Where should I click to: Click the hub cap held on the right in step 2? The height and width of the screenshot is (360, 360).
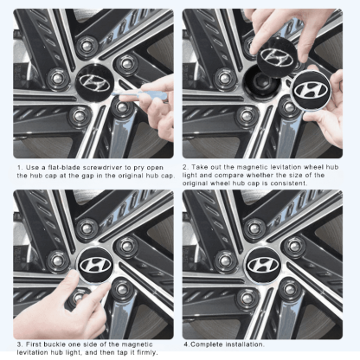(x=310, y=93)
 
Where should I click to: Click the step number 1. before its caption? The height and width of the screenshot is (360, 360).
(x=20, y=166)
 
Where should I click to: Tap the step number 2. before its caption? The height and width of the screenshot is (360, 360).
(x=186, y=166)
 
